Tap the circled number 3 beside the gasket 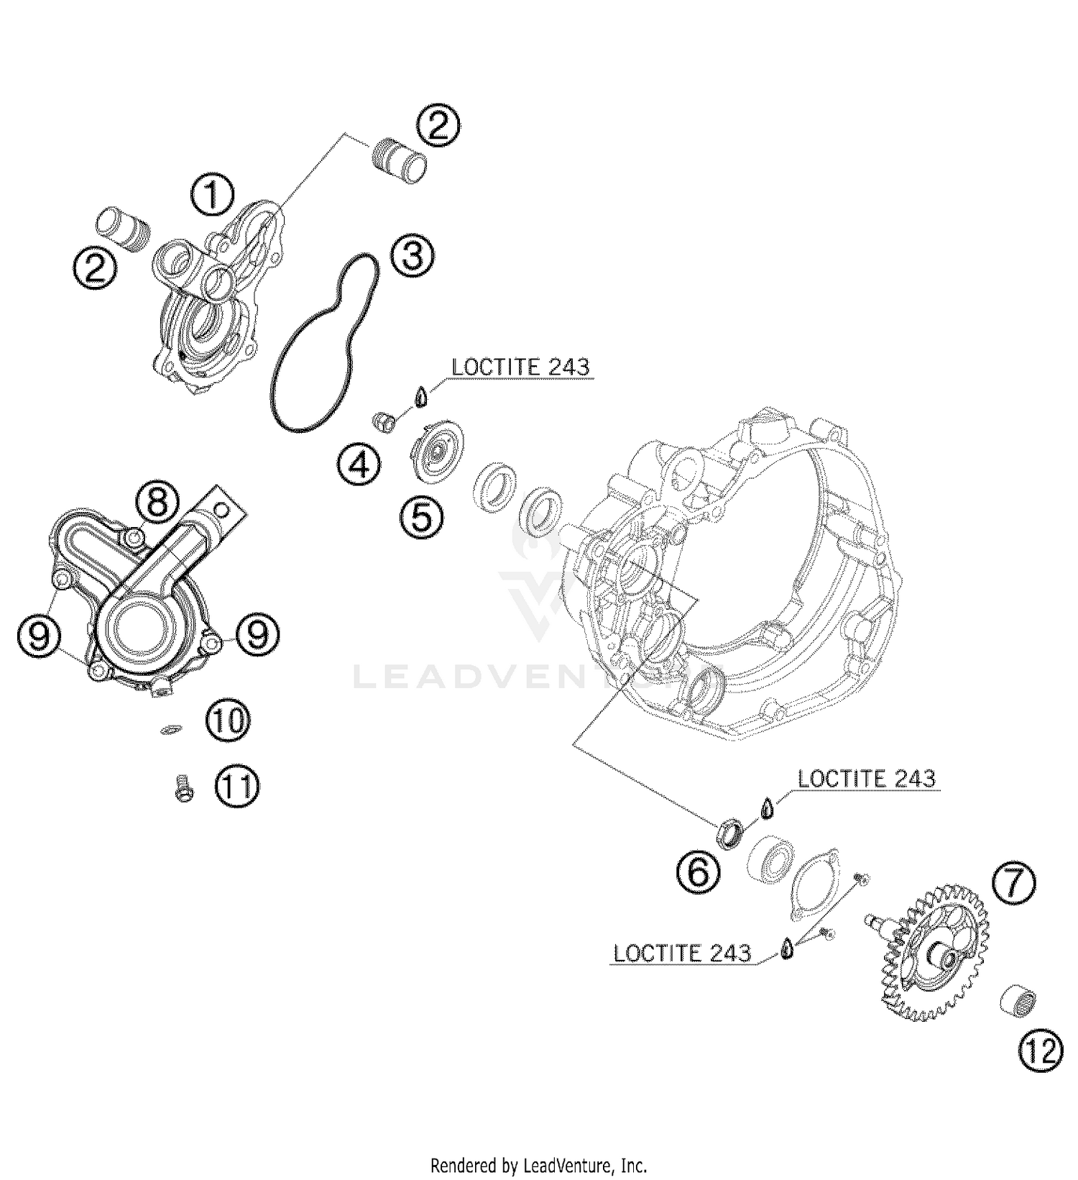[x=413, y=257]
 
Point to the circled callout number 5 [x=422, y=516]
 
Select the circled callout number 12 [x=1040, y=1052]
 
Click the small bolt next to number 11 [x=183, y=787]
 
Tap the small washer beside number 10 [x=170, y=730]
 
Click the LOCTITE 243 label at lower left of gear [x=682, y=953]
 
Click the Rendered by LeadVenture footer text [x=538, y=1164]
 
